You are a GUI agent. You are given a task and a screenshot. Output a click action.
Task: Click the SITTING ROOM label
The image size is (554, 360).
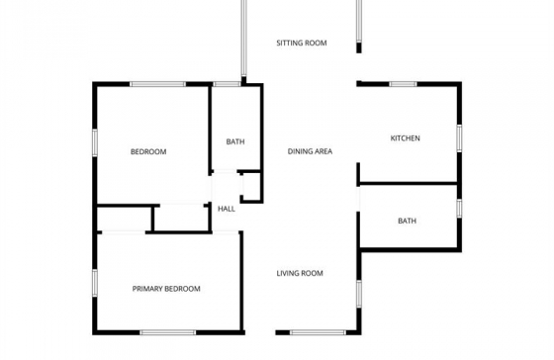(x=302, y=44)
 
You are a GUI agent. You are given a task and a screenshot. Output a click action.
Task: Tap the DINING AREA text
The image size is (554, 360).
(x=310, y=151)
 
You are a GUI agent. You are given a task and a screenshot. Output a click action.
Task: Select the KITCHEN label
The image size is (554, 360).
(x=406, y=138)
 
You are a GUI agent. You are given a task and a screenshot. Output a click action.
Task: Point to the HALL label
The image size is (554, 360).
(x=227, y=209)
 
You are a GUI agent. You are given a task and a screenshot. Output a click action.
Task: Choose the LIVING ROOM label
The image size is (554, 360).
(x=300, y=273)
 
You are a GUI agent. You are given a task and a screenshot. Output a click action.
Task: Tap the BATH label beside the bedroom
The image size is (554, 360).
(x=235, y=141)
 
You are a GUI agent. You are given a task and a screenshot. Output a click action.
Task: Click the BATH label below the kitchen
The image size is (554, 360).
(x=407, y=221)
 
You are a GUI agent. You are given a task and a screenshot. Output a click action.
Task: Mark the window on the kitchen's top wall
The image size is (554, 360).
(x=404, y=84)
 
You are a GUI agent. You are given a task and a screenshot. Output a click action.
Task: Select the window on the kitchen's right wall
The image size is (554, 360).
(x=459, y=138)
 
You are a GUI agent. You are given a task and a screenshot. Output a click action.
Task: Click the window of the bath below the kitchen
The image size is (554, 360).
(x=459, y=209)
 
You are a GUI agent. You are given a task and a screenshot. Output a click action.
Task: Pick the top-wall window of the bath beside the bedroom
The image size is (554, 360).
(x=227, y=84)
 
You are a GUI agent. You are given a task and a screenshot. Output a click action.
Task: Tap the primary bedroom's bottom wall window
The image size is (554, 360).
(x=168, y=332)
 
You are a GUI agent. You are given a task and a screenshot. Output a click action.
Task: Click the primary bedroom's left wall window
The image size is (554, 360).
(x=95, y=283)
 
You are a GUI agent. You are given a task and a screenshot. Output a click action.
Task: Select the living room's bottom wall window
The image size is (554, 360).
(x=318, y=332)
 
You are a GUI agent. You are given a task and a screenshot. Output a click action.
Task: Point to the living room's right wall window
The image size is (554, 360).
(x=359, y=294)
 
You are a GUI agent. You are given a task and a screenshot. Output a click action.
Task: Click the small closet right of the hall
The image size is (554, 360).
(x=251, y=187)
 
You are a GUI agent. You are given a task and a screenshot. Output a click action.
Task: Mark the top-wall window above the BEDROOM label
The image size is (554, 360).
(x=157, y=84)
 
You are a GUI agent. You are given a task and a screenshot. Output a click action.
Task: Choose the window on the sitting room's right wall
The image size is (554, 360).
(x=359, y=21)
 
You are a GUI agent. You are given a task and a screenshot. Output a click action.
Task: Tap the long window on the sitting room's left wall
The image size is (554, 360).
(x=243, y=39)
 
